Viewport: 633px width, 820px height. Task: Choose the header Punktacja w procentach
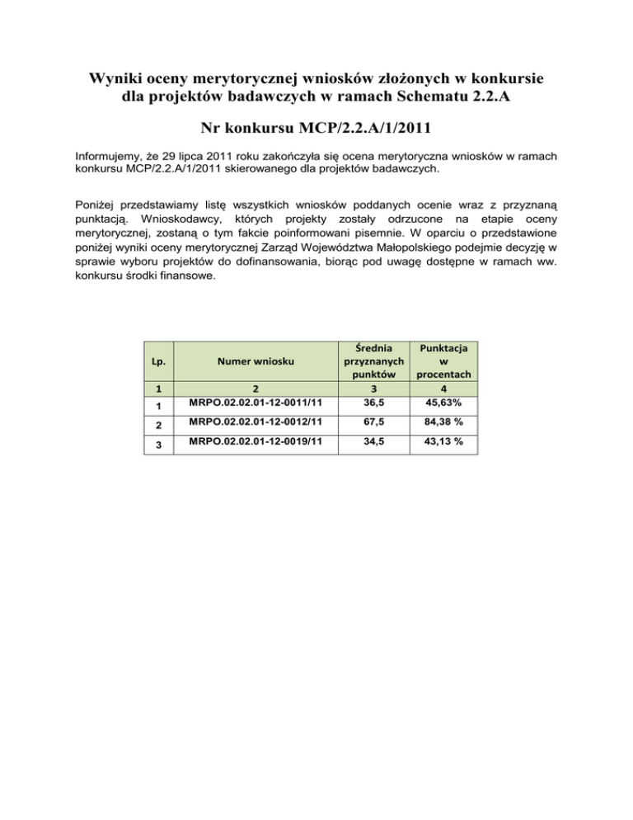pyautogui.click(x=450, y=361)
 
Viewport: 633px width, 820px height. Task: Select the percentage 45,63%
pyautogui.click(x=450, y=403)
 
